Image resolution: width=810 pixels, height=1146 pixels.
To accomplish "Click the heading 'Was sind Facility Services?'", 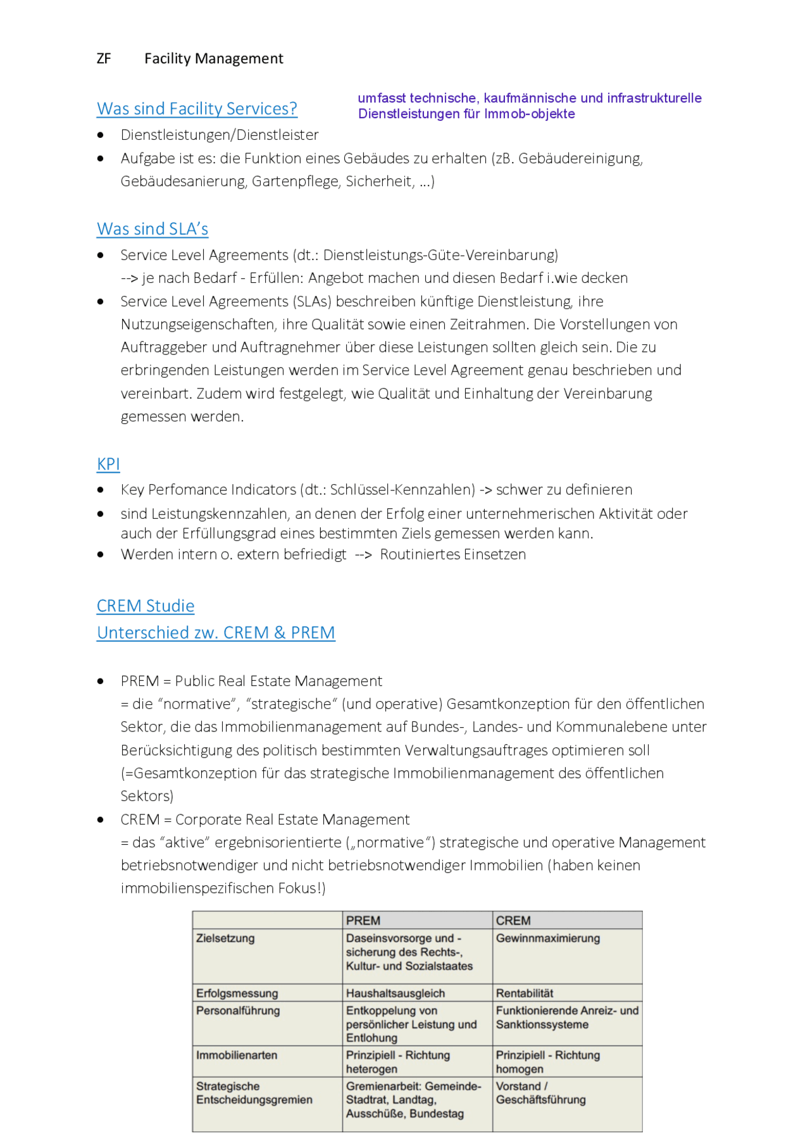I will [197, 109].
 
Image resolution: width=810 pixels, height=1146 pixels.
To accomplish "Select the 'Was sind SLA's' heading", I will [153, 229].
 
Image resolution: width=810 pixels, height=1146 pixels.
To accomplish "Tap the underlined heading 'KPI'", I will [108, 464].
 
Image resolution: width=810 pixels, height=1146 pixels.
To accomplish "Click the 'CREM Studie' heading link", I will [146, 606].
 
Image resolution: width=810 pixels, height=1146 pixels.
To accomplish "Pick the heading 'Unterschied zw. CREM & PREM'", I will [216, 633].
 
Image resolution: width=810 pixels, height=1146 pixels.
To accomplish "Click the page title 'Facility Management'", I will [214, 59].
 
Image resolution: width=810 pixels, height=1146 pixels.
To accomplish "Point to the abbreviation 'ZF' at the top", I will [104, 59].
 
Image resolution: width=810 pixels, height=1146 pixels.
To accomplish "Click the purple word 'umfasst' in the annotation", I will [382, 98].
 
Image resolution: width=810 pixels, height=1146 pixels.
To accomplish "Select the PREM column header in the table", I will [363, 921].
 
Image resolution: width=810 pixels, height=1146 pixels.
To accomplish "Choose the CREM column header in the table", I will [513, 921].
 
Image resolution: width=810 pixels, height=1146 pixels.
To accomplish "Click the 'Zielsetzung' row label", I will [225, 938].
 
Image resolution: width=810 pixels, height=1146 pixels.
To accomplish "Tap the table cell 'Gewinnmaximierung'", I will [548, 938].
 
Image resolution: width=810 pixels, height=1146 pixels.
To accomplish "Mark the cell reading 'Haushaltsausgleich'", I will [396, 993].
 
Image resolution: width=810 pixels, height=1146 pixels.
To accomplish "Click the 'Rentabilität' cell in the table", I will [525, 993].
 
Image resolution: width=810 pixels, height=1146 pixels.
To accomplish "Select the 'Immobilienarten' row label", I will [237, 1056].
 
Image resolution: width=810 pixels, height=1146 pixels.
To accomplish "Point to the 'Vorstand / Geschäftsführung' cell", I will [541, 1093].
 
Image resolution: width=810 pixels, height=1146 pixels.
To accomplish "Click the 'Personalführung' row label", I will [238, 1011].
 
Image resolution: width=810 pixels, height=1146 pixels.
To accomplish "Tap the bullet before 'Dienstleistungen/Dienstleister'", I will [101, 135].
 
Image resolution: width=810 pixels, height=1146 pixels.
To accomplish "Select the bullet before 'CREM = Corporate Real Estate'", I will [101, 820].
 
